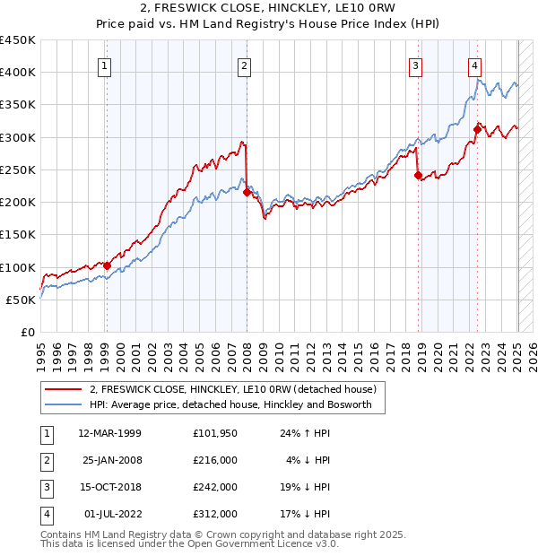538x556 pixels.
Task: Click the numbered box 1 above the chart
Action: coord(106,65)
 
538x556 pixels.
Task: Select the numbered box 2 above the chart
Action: coord(244,65)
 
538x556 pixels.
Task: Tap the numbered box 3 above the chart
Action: coord(416,65)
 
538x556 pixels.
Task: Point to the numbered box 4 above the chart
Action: coord(474,65)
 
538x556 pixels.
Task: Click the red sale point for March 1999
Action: coord(107,265)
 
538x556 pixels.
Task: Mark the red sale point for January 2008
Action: coord(246,191)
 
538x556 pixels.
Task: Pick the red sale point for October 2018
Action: coord(418,176)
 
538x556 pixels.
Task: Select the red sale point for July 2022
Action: coord(478,128)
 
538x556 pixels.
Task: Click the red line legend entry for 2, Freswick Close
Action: coord(237,389)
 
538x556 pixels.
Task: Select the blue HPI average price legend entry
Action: coord(237,405)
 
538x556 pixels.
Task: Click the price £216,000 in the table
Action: coord(215,459)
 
